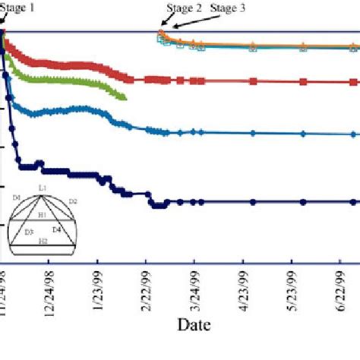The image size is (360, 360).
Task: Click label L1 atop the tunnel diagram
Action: [x=43, y=187]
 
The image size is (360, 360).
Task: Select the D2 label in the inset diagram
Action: [x=73, y=201]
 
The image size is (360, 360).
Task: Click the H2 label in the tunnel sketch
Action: [x=43, y=240]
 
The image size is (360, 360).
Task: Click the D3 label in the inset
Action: [x=28, y=232]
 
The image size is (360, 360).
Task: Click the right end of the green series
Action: [x=125, y=96]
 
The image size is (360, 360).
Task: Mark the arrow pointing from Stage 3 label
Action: [x=190, y=23]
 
